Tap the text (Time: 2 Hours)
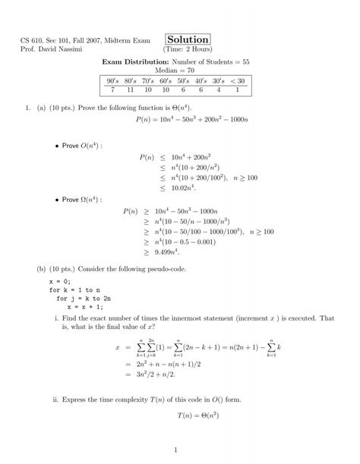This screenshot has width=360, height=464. click(188, 50)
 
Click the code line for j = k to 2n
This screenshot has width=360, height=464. click(86, 299)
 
